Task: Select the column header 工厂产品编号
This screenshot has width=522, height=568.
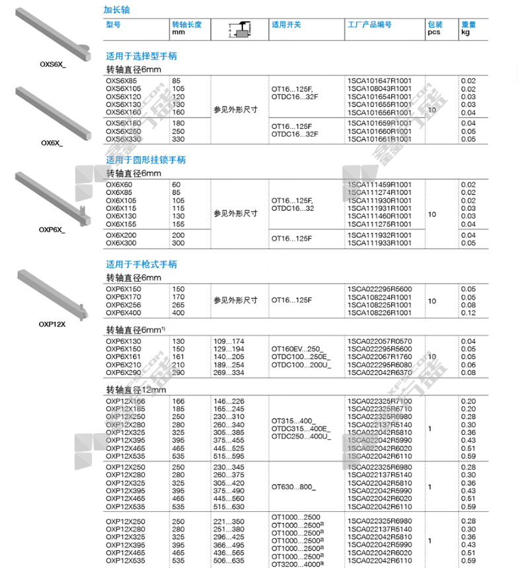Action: point(369,24)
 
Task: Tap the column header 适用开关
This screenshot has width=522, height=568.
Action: point(286,24)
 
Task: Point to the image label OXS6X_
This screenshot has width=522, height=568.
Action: point(52,64)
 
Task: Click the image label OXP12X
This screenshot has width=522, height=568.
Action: point(52,325)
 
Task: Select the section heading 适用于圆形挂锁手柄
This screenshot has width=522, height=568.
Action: point(146,160)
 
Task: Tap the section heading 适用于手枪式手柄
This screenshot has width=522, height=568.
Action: point(141,264)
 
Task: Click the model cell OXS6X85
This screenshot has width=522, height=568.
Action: point(124,81)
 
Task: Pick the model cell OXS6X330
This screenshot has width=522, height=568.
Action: point(124,139)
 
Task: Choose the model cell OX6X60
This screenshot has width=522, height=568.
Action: point(120,184)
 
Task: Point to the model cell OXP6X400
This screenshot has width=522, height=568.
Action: point(124,313)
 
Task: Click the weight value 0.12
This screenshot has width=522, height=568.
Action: point(468,313)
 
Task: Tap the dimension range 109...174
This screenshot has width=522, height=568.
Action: point(229,341)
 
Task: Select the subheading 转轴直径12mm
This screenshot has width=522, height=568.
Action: point(137,390)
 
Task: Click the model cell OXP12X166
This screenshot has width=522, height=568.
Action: point(126,401)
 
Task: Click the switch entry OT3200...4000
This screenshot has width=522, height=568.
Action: point(295,564)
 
